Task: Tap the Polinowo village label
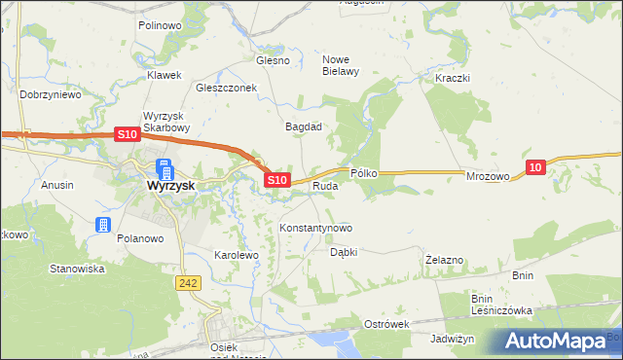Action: click(162, 25)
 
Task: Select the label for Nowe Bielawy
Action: click(342, 63)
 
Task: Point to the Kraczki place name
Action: click(453, 77)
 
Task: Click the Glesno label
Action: click(273, 60)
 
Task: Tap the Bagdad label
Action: click(303, 126)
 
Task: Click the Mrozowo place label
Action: click(488, 176)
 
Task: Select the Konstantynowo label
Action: click(315, 228)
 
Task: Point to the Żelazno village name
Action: click(445, 261)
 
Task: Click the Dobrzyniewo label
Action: click(50, 95)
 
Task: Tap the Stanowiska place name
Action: click(77, 269)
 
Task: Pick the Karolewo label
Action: click(236, 255)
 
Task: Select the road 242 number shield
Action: click(190, 282)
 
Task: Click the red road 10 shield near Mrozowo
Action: click(533, 168)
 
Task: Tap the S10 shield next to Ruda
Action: click(277, 180)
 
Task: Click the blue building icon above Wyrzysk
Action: click(164, 167)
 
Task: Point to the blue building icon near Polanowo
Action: click(103, 226)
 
